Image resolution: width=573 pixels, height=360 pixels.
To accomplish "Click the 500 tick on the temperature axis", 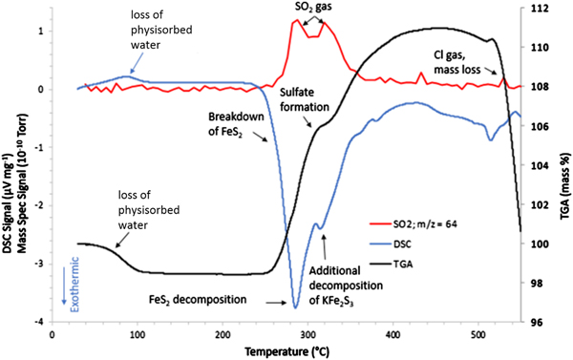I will (480, 331).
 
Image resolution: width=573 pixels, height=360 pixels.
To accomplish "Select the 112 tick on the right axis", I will (537, 9).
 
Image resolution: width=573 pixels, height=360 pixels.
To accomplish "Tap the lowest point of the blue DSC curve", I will (295, 307).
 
